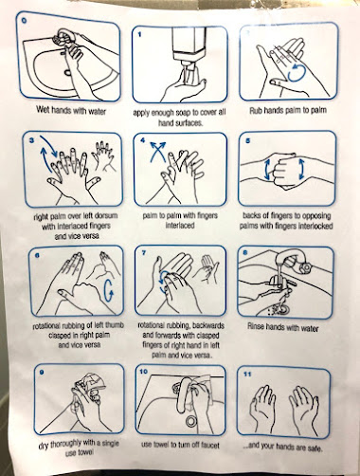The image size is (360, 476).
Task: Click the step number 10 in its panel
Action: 143,372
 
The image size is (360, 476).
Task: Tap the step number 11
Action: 247,374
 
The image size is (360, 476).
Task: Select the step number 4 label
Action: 143,139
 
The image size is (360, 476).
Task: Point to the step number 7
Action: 144,253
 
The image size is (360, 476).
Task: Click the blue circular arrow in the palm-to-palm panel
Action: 297,73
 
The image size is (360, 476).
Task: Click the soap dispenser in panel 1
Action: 189,47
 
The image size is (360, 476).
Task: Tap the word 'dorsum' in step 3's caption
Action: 106,216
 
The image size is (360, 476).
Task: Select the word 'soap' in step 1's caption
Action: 191,113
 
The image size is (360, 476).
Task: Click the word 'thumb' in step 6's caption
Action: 114,325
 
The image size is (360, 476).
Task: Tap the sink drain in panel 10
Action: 190,421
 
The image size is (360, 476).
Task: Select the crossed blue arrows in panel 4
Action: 157,151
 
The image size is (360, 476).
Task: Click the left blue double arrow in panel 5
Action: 267,169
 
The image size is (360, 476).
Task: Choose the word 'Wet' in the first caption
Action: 43,110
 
